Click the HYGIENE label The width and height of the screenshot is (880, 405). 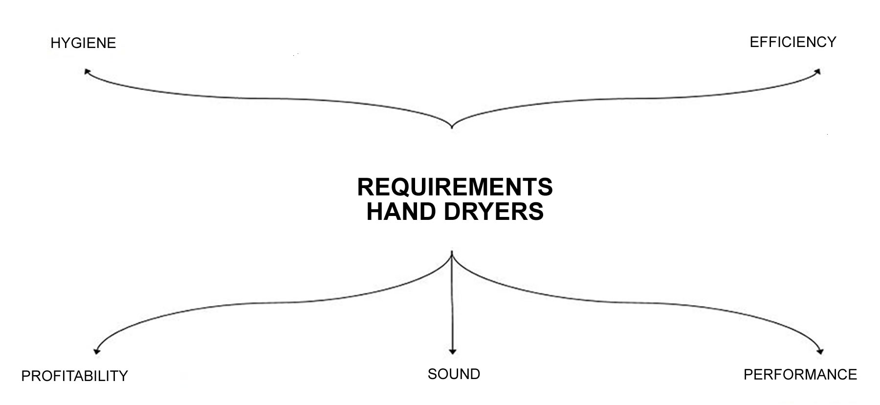pos(83,43)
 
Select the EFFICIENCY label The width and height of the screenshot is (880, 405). pos(793,42)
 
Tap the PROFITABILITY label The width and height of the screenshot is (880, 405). pos(74,376)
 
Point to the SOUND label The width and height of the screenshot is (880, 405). pos(454,374)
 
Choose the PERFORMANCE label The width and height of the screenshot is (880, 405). pos(800,375)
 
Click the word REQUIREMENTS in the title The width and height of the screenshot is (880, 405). pos(455,187)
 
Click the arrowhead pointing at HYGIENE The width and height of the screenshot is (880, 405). pos(87,71)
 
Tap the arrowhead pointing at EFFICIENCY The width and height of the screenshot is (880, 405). pos(817,71)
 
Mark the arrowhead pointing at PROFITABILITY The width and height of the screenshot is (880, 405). pos(96,351)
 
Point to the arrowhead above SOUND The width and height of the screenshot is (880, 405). pos(452,352)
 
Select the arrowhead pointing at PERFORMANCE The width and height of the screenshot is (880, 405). pos(820,351)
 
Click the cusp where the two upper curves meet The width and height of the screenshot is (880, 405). pos(452,128)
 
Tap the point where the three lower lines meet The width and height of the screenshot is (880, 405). pos(452,253)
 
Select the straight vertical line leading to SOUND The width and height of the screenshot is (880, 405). pos(452,303)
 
